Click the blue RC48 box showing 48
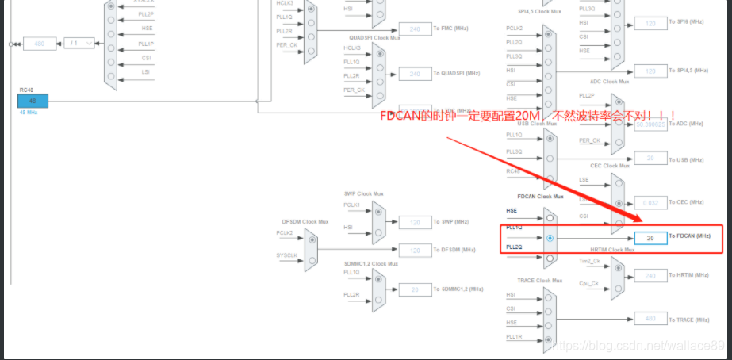(x=33, y=101)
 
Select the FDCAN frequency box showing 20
(x=650, y=238)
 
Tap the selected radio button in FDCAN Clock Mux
(x=550, y=237)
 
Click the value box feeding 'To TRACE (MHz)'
(x=650, y=319)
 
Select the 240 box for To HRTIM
(x=650, y=275)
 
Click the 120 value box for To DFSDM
(x=415, y=251)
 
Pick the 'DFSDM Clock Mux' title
(x=305, y=221)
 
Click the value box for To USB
(x=650, y=158)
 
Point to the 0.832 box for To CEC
(x=650, y=201)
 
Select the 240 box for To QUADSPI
(x=415, y=74)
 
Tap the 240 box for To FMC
(x=415, y=29)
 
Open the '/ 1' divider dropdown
(x=79, y=43)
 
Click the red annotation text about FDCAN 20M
(x=527, y=117)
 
